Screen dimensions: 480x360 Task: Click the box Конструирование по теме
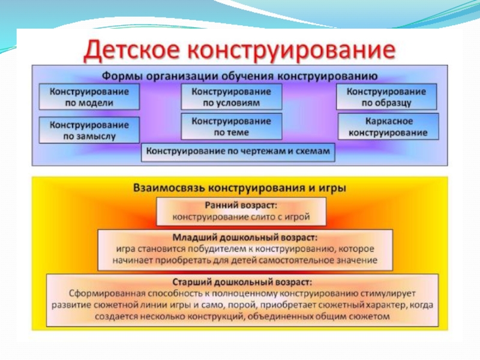231,127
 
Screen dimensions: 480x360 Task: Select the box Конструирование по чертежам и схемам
238,152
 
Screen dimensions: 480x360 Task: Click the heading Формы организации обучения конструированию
239,76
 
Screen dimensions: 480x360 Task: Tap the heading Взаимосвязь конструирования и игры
239,187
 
